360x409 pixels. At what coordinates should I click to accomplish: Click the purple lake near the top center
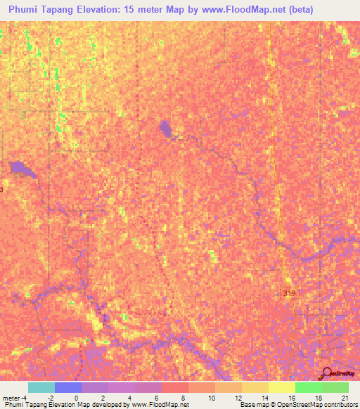(x=166, y=129)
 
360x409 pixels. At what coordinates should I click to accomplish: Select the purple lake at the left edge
(x=19, y=168)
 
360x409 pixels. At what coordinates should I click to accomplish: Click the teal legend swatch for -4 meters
(x=41, y=387)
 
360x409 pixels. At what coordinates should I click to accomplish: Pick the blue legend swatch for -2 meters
(x=67, y=387)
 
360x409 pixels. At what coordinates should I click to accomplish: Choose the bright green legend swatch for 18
(x=308, y=387)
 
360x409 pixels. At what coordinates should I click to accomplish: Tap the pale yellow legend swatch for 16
(x=281, y=387)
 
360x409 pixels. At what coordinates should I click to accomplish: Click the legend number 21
(x=344, y=398)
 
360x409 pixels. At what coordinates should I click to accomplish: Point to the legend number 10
(x=210, y=398)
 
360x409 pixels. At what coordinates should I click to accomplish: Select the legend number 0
(x=76, y=398)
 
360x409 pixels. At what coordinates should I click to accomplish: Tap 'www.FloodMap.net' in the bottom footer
(x=158, y=405)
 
